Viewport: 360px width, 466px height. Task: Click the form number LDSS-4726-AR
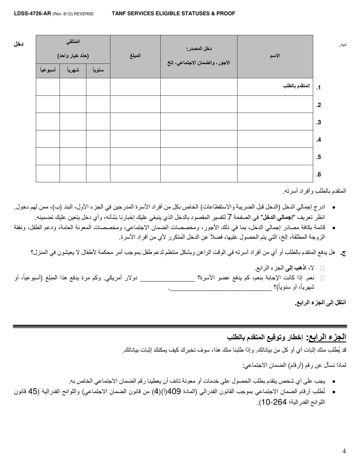(x=27, y=14)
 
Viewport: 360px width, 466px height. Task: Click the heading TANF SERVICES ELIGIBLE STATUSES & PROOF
(x=173, y=14)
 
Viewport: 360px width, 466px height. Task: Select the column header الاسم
(x=275, y=56)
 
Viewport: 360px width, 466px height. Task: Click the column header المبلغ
(x=135, y=56)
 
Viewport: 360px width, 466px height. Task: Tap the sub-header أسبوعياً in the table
(x=48, y=70)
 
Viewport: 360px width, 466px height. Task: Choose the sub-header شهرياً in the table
(x=73, y=70)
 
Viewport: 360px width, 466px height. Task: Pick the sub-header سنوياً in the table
(x=98, y=70)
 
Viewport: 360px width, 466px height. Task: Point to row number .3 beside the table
(x=319, y=122)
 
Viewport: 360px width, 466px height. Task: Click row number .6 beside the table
(x=319, y=175)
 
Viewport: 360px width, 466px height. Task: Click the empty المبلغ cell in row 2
(x=135, y=104)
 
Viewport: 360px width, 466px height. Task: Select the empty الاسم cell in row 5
(x=275, y=156)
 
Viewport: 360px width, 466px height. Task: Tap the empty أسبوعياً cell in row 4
(x=48, y=139)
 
